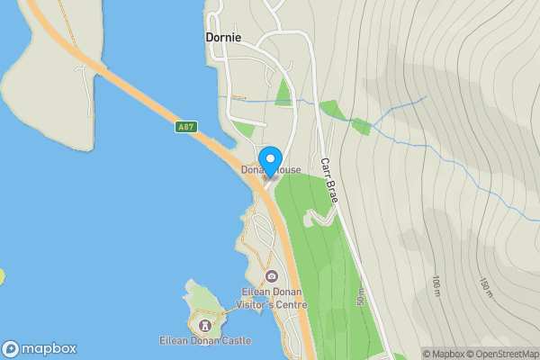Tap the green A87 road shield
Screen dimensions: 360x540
point(186,128)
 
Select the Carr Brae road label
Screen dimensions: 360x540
point(328,180)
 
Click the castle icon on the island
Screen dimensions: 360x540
point(205,323)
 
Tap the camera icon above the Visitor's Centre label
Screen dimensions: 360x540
point(272,275)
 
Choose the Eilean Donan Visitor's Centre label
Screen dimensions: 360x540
point(274,298)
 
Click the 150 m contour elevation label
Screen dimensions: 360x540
point(487,287)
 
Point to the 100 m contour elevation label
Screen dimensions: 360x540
point(436,287)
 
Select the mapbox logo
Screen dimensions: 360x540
point(40,349)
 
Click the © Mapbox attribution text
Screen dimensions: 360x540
point(444,354)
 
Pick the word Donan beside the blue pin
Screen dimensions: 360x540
point(254,169)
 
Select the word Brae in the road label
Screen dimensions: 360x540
point(332,190)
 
